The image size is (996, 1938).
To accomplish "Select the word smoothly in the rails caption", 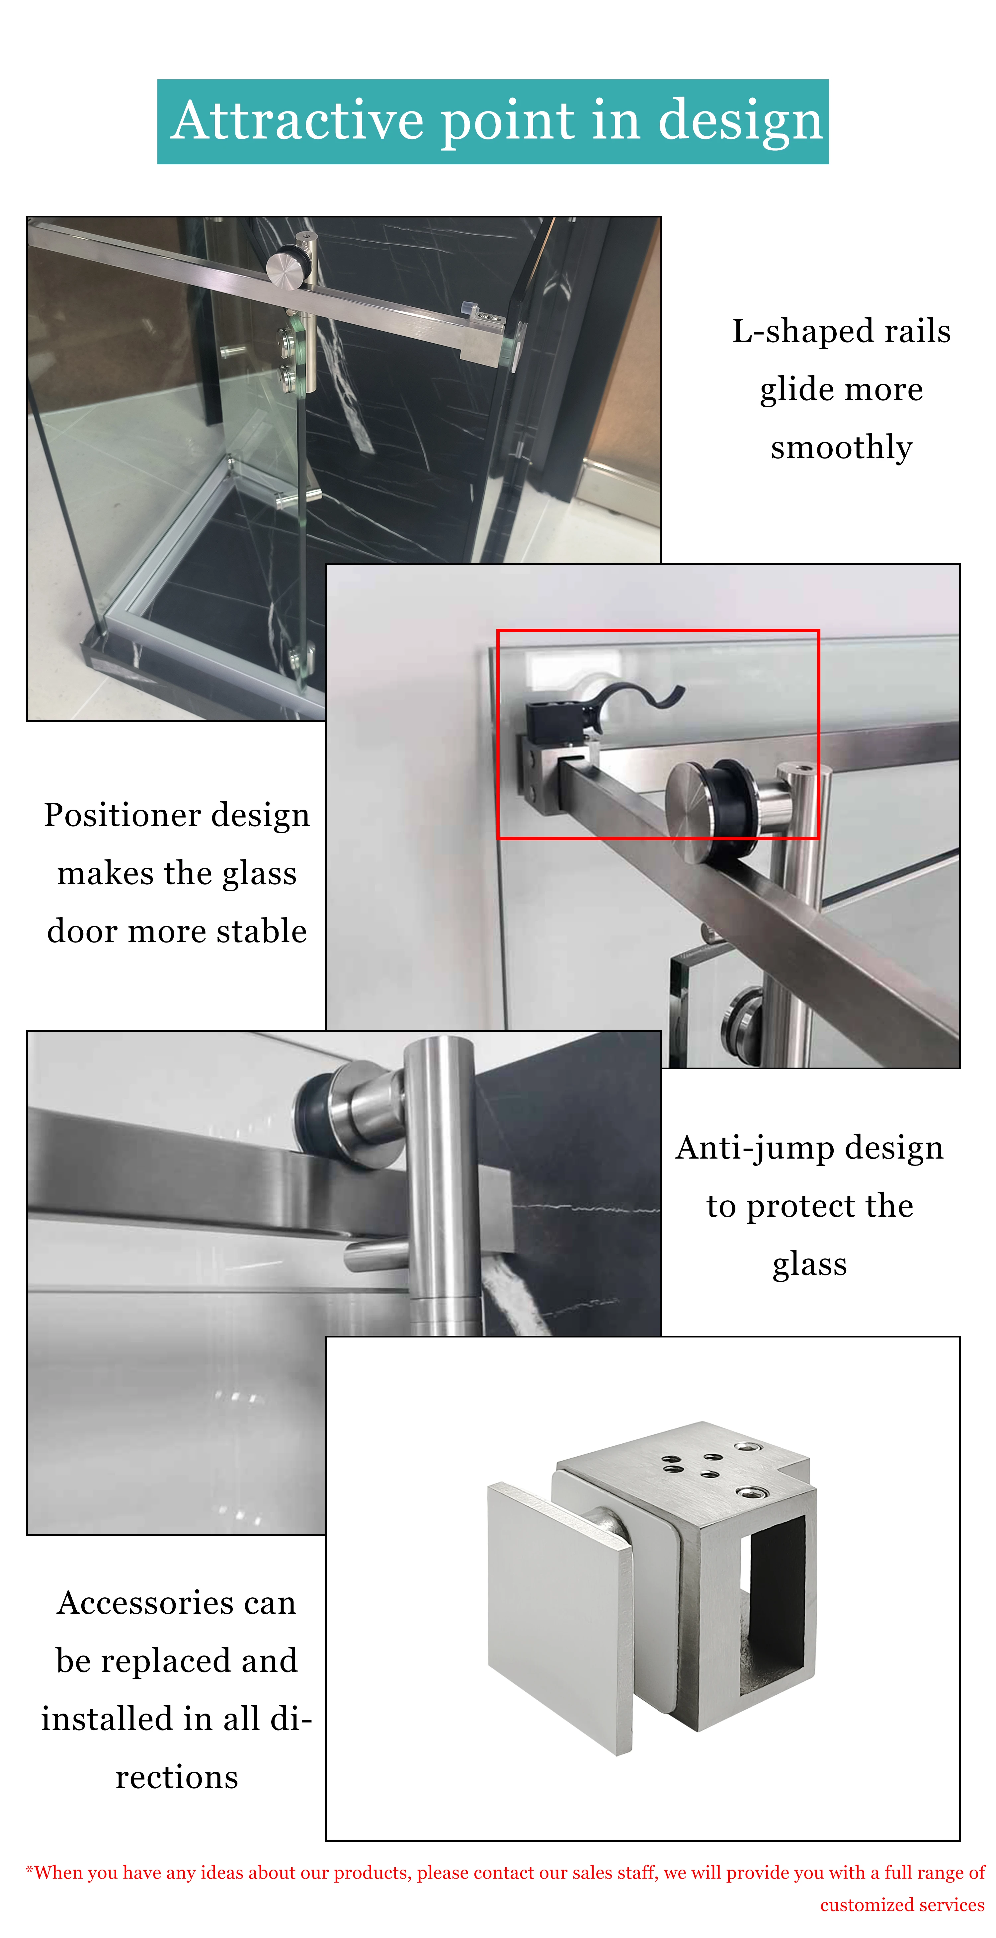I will pyautogui.click(x=841, y=447).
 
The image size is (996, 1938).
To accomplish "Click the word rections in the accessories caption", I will pyautogui.click(x=177, y=1777).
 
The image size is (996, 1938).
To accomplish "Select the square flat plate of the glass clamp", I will pyautogui.click(x=560, y=1618).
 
